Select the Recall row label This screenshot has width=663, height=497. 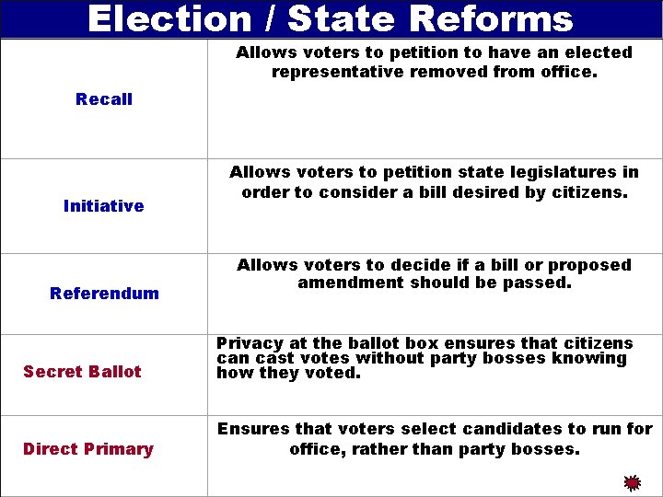[104, 99]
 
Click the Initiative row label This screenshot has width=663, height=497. [103, 206]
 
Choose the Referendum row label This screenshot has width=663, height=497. [104, 294]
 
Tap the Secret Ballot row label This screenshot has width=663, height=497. [82, 372]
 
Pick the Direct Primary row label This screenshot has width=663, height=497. [87, 449]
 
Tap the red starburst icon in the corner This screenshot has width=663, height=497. [632, 482]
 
